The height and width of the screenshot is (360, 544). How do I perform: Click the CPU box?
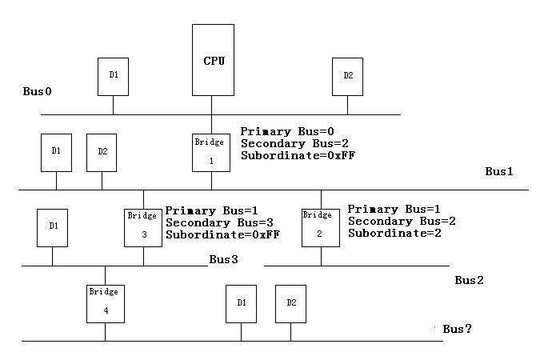click(213, 60)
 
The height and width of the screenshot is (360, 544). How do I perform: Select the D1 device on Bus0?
click(113, 77)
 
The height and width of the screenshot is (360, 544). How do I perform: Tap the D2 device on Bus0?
click(348, 77)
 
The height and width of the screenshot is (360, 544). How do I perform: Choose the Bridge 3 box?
click(143, 227)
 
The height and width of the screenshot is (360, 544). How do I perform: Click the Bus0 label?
click(38, 92)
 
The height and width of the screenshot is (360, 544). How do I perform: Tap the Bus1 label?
click(500, 171)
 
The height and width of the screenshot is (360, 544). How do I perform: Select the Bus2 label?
click(470, 280)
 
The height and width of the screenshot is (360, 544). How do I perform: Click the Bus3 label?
click(224, 259)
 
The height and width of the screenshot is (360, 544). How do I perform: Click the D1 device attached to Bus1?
click(56, 151)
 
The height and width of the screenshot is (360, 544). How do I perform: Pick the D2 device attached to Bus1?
click(102, 152)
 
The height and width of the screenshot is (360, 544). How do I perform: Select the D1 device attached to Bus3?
click(53, 227)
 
